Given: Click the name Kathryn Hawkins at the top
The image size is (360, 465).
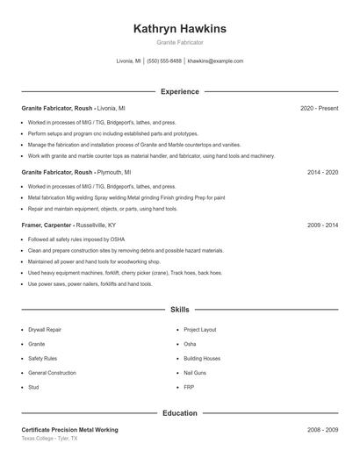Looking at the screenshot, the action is pyautogui.click(x=179, y=29).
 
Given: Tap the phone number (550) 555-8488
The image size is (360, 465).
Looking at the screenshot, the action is pyautogui.click(x=164, y=61).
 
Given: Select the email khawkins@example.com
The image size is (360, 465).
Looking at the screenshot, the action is pyautogui.click(x=215, y=61).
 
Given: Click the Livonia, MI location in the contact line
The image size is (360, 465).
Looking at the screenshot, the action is pyautogui.click(x=128, y=61).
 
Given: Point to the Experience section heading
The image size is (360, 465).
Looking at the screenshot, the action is pyautogui.click(x=179, y=91).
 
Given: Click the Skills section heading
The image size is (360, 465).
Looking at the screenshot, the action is pyautogui.click(x=179, y=310).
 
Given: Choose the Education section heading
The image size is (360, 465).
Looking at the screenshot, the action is pyautogui.click(x=179, y=412).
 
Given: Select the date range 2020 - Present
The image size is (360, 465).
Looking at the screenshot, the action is pyautogui.click(x=319, y=108).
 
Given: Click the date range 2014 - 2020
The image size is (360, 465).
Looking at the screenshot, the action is pyautogui.click(x=322, y=173).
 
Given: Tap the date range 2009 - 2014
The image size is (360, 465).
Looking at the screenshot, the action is pyautogui.click(x=322, y=225).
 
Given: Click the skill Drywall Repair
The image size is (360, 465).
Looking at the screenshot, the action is pyautogui.click(x=45, y=330).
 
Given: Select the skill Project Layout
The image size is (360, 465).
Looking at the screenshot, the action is pyautogui.click(x=200, y=330).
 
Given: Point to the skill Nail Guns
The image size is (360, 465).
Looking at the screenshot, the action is pyautogui.click(x=195, y=373).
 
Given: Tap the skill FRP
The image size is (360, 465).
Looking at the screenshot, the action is pyautogui.click(x=189, y=387).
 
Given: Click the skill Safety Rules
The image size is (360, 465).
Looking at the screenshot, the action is pyautogui.click(x=42, y=358).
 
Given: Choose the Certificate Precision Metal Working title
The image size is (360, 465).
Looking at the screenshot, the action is pyautogui.click(x=70, y=430).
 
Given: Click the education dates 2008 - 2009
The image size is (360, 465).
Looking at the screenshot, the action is pyautogui.click(x=322, y=430).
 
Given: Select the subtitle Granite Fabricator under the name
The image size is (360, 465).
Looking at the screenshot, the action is pyautogui.click(x=179, y=42).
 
